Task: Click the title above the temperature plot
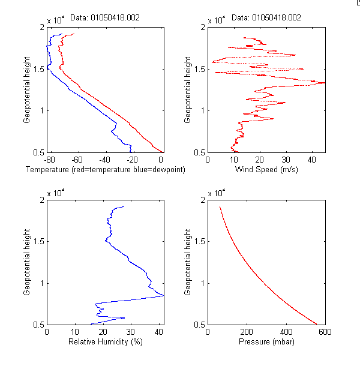tap(105, 18)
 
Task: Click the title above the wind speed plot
tap(266, 18)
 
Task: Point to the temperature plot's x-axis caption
tap(105, 170)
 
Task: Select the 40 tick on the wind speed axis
tap(312, 160)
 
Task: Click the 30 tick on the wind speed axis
tap(286, 160)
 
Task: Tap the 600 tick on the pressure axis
tap(325, 332)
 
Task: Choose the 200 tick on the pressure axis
tap(247, 332)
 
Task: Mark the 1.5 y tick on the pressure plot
tap(199, 241)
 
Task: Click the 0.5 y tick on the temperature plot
tap(38, 152)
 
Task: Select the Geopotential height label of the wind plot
tap(188, 89)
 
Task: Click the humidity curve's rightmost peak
tap(163, 295)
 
